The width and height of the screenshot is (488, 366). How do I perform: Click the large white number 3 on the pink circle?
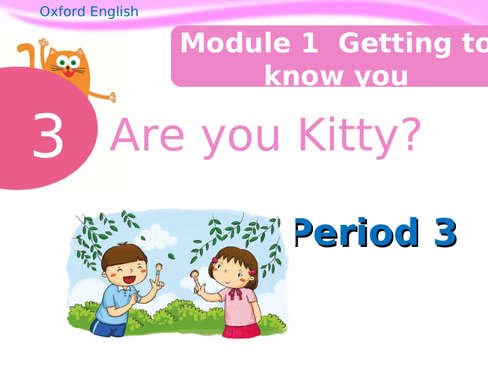pyautogui.click(x=48, y=136)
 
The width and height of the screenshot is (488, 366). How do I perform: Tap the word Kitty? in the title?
pyautogui.click(x=360, y=136)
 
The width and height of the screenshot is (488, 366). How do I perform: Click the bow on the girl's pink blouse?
pyautogui.click(x=235, y=294)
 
